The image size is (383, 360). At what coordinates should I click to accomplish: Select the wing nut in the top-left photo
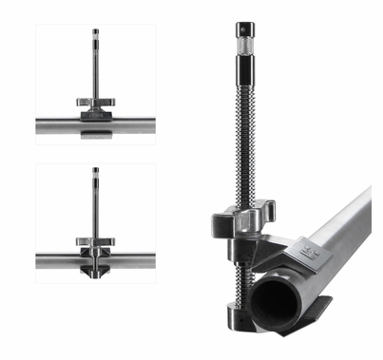pos(95,106)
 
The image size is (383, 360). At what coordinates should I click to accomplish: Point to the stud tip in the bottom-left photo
pos(95,174)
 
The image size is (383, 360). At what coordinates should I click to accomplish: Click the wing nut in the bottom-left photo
pos(95,242)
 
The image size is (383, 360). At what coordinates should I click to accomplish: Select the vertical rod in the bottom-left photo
pos(95,209)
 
